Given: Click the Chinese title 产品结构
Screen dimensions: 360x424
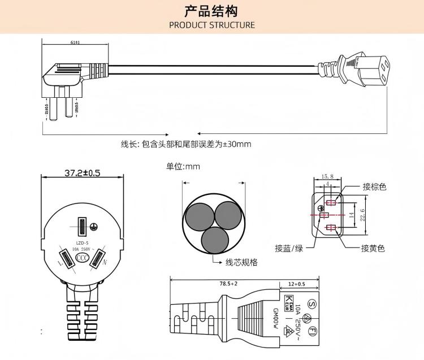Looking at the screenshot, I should point(211,11).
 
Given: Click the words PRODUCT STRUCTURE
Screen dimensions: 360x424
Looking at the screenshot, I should point(212,25).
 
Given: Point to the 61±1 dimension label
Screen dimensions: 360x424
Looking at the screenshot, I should point(75,42).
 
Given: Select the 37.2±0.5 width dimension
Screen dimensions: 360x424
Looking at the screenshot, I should point(82,173).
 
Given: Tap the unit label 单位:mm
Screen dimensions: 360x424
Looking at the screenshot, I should point(183,167).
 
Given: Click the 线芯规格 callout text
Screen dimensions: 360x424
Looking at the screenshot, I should point(241,262).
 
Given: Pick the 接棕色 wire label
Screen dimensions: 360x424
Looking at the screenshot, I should point(374,187).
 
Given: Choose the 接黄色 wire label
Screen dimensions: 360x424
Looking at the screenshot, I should point(373,248).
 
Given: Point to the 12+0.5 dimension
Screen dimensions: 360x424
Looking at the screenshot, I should point(296,283).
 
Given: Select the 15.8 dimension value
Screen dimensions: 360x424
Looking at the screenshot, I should point(327,176).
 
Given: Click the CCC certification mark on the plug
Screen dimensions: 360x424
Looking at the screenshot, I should point(83,258).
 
